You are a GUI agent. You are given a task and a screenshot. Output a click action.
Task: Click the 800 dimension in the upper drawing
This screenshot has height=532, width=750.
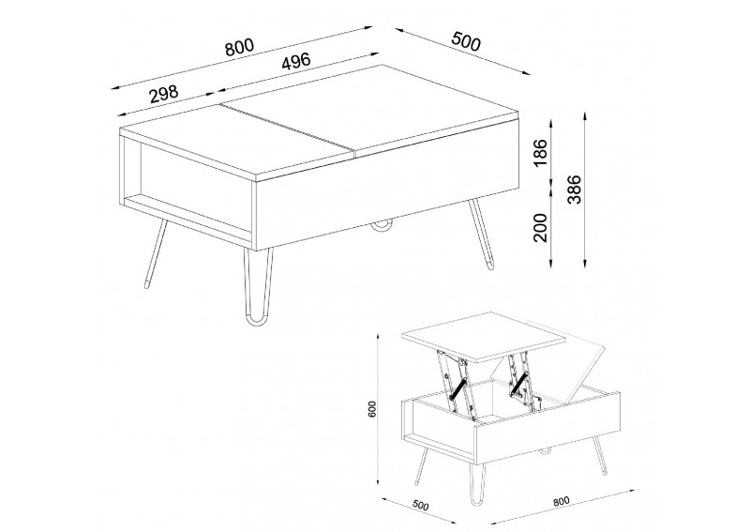coord(239,47)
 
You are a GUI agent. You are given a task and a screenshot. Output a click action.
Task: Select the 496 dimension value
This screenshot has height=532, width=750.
coord(295,62)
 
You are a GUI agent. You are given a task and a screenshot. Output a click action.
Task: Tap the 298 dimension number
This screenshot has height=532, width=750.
coord(163,94)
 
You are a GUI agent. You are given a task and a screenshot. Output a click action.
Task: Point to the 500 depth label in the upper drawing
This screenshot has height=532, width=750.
coord(465,40)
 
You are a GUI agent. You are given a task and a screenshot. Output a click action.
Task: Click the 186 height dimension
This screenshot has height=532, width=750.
coord(540,152)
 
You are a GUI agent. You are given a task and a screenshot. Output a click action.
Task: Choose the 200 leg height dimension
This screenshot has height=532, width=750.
coord(540,227)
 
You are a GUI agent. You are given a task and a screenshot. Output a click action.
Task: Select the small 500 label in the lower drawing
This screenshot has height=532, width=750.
coord(420,505)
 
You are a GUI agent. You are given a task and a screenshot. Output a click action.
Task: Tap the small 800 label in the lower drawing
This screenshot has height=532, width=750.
coord(561,501)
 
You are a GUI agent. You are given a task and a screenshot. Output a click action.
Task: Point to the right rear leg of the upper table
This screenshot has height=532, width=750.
coord(481,234)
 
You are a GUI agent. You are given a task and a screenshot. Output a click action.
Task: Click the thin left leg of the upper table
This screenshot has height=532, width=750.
coord(157,253)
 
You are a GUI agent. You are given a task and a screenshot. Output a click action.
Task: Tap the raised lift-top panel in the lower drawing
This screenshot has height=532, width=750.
coord(484,336)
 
